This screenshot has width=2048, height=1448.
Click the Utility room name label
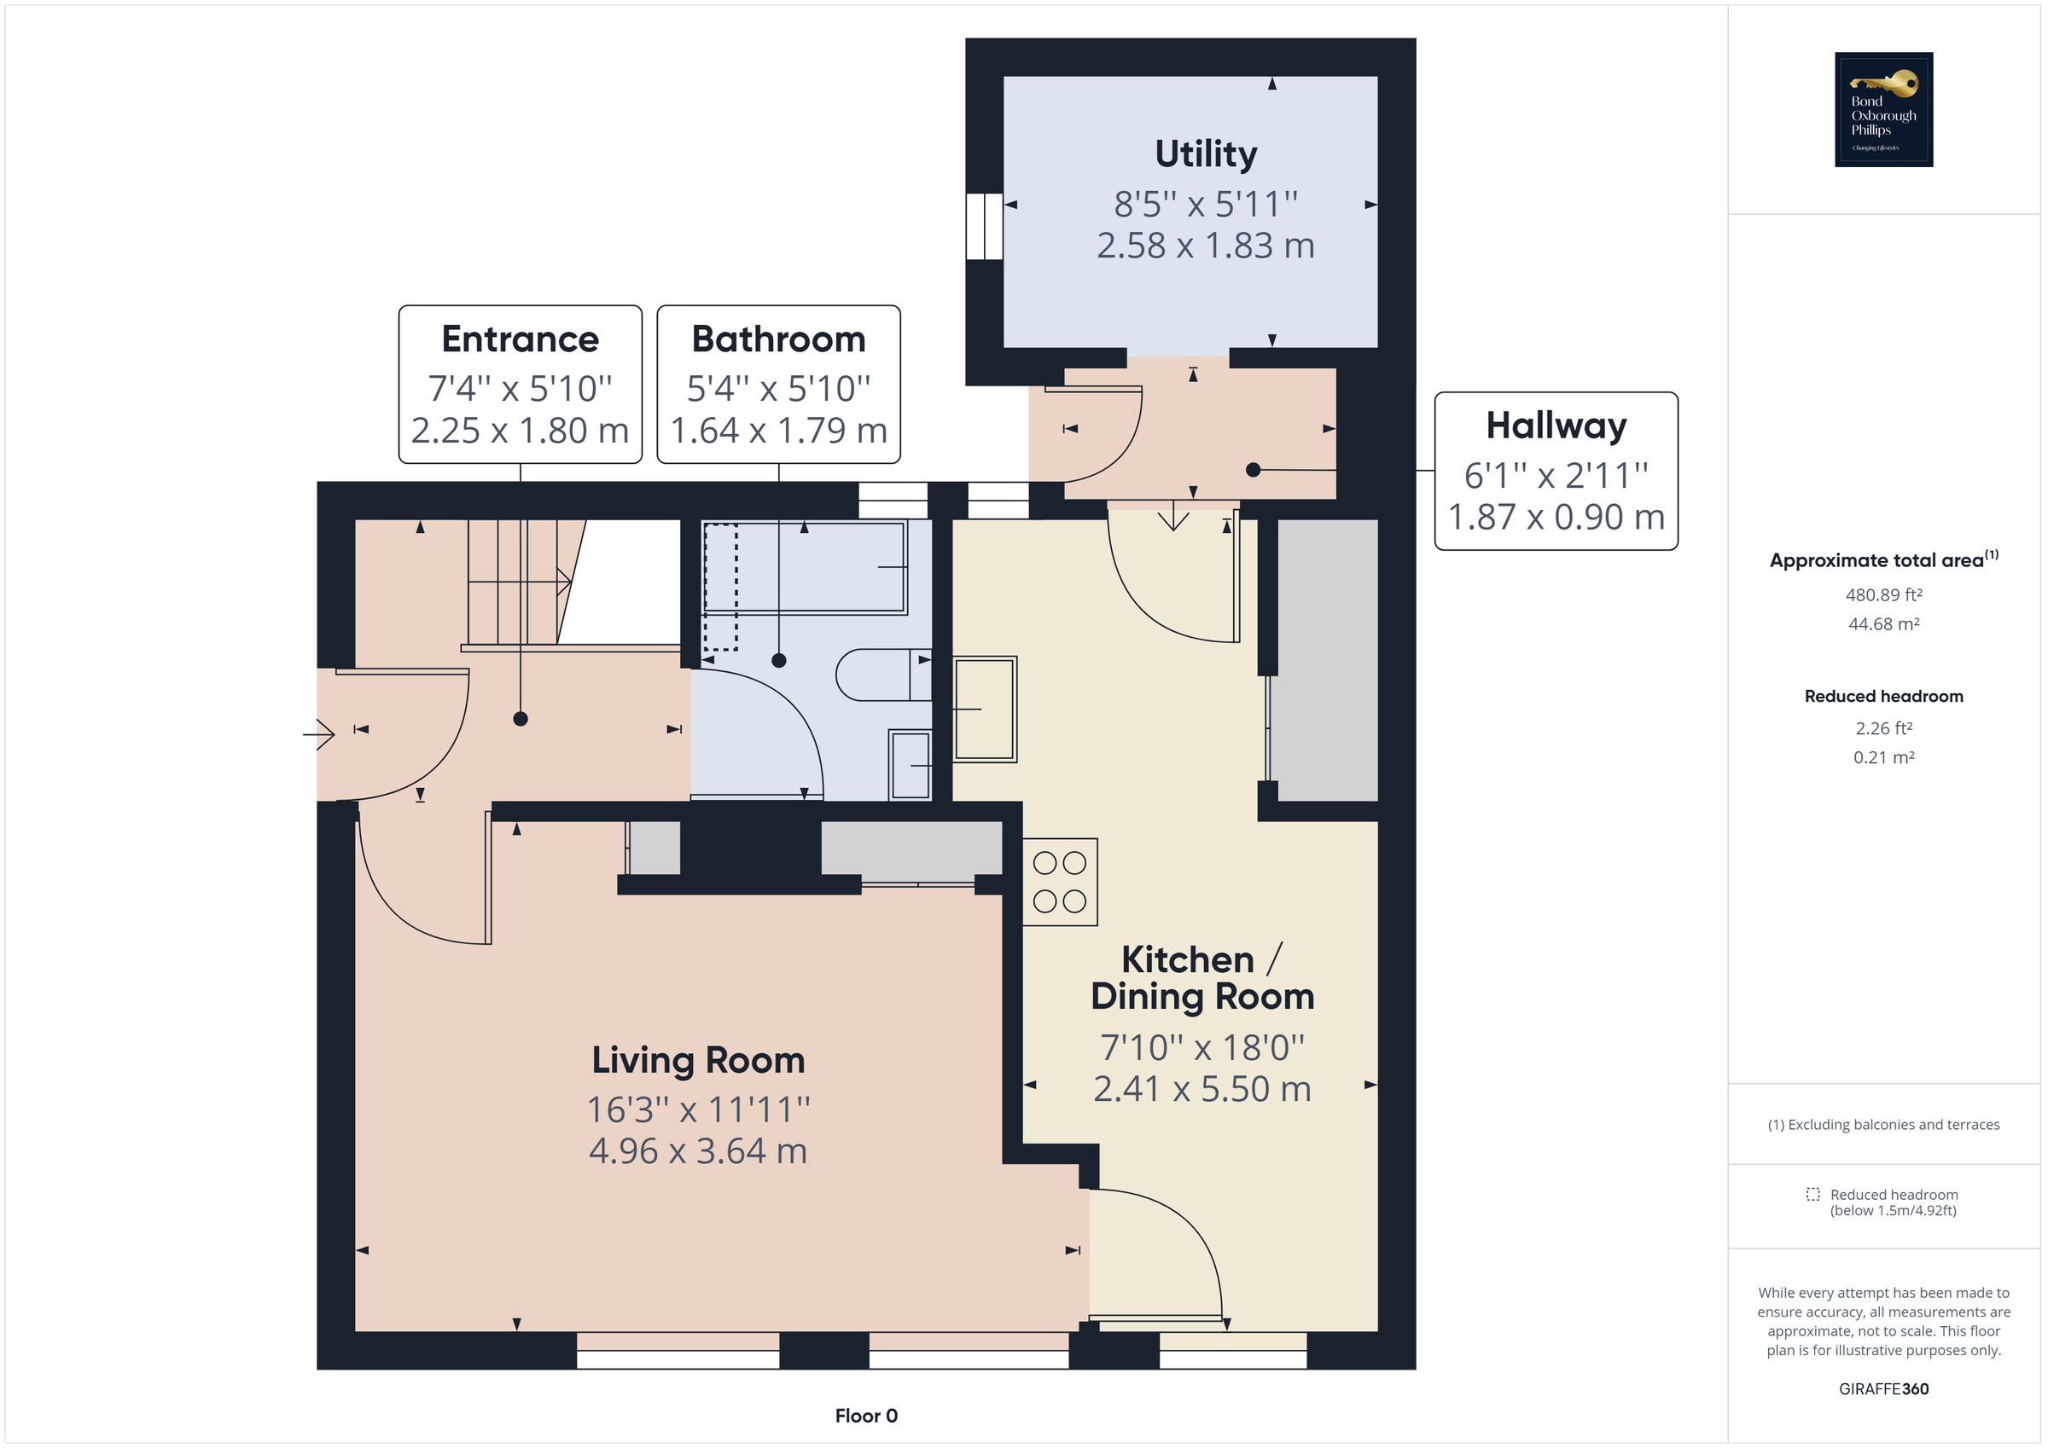(1205, 153)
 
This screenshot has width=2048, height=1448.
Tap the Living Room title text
(697, 1060)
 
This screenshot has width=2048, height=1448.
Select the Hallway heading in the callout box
(1556, 426)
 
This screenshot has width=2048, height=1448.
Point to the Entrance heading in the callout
(520, 339)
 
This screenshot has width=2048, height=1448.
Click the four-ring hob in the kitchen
(1059, 882)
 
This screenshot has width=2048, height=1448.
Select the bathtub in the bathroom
(805, 567)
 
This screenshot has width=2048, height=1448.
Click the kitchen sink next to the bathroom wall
(984, 709)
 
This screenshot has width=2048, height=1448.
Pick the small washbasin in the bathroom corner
(910, 765)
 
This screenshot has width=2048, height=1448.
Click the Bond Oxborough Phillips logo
(1883, 110)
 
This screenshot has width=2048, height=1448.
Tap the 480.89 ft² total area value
(1883, 594)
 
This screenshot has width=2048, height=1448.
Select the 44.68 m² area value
(1883, 624)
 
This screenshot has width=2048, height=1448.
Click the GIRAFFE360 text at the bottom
(1883, 1389)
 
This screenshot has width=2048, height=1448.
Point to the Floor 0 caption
(865, 1416)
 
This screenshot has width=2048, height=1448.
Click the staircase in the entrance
(517, 582)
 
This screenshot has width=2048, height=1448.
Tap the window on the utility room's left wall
(984, 226)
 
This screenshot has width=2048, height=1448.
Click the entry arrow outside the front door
(318, 734)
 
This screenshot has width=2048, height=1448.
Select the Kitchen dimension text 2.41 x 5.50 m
(1201, 1089)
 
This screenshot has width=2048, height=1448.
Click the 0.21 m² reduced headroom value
(1883, 757)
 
